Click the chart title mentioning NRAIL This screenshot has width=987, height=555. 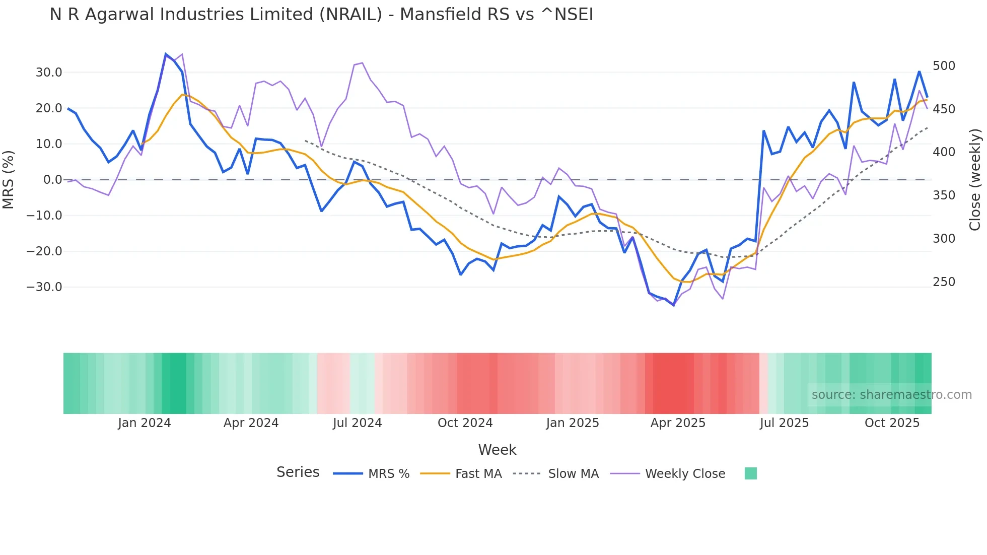pyautogui.click(x=321, y=15)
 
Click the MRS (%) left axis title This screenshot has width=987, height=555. pyautogui.click(x=9, y=179)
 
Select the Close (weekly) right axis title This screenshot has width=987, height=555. pyautogui.click(x=975, y=179)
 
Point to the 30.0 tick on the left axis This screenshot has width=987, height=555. pyautogui.click(x=49, y=73)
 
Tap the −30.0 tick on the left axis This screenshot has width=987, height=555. pyautogui.click(x=44, y=287)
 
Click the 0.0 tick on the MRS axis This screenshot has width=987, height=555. pyautogui.click(x=52, y=180)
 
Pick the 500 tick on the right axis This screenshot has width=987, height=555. pyautogui.click(x=944, y=66)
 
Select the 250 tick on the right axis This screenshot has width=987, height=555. pyautogui.click(x=944, y=282)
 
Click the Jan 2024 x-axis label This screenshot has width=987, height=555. pyautogui.click(x=145, y=423)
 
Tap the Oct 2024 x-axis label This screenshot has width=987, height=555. pyautogui.click(x=465, y=423)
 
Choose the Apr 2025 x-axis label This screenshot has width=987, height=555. pyautogui.click(x=678, y=423)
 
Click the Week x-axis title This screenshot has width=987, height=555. pyautogui.click(x=497, y=450)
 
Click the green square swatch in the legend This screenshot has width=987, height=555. pyautogui.click(x=750, y=473)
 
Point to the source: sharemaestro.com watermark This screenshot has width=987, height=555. pyautogui.click(x=891, y=395)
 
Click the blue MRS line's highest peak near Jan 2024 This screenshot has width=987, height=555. pyautogui.click(x=166, y=54)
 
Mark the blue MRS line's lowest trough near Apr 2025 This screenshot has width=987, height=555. pyautogui.click(x=674, y=305)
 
